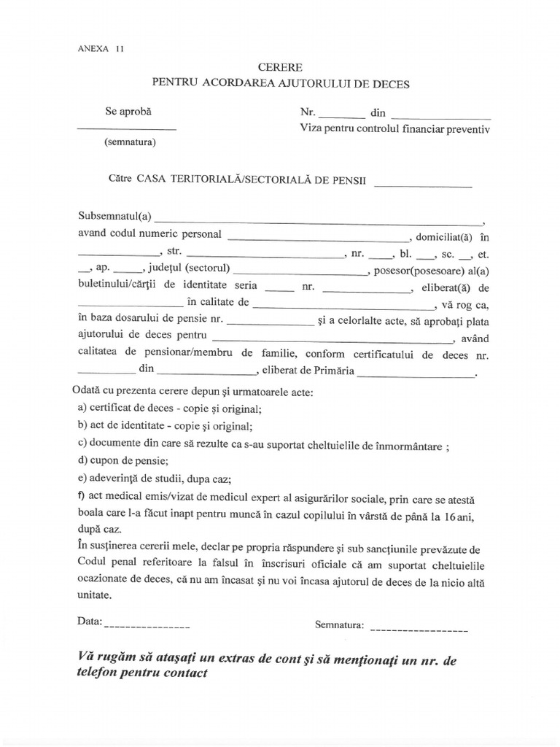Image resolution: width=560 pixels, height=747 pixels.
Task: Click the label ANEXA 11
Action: pyautogui.click(x=100, y=50)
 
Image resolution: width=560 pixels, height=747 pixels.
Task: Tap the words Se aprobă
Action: pyautogui.click(x=130, y=112)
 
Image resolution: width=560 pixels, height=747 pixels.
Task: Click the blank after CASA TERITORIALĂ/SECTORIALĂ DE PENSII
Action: pyautogui.click(x=423, y=185)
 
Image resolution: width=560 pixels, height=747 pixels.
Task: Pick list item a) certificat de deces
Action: pyautogui.click(x=168, y=408)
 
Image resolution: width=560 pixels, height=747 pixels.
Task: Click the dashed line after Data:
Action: pyautogui.click(x=147, y=626)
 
